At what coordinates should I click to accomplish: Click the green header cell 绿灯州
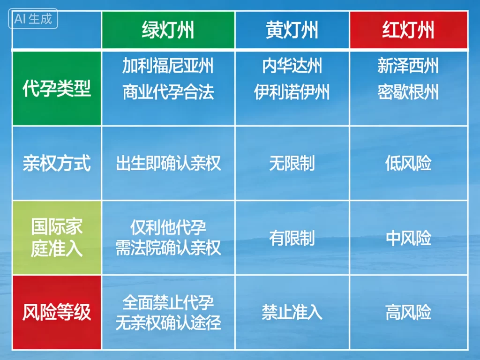click(x=168, y=30)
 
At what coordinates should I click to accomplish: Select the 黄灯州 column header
click(x=292, y=30)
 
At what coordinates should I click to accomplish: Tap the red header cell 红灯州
click(x=408, y=30)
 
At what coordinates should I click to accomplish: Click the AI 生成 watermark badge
click(x=33, y=19)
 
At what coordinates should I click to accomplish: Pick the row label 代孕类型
click(x=57, y=89)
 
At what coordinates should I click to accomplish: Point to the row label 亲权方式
click(x=57, y=164)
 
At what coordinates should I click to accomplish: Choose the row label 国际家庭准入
click(x=57, y=238)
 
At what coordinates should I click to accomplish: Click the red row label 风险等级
click(x=57, y=312)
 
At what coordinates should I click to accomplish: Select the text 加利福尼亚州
click(x=168, y=66)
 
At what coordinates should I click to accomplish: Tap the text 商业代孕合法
click(x=168, y=92)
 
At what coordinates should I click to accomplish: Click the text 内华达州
click(x=292, y=66)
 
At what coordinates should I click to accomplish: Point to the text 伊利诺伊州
click(x=292, y=92)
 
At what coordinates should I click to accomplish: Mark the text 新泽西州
click(x=408, y=66)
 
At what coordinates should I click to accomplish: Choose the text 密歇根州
click(x=408, y=92)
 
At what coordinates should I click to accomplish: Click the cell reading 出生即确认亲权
click(x=168, y=164)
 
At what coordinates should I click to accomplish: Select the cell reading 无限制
click(x=292, y=164)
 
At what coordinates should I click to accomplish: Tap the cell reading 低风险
click(x=408, y=164)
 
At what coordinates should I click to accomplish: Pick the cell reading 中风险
click(x=408, y=238)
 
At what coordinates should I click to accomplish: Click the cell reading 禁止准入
click(x=292, y=312)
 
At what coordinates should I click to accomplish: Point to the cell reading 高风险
click(x=408, y=312)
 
